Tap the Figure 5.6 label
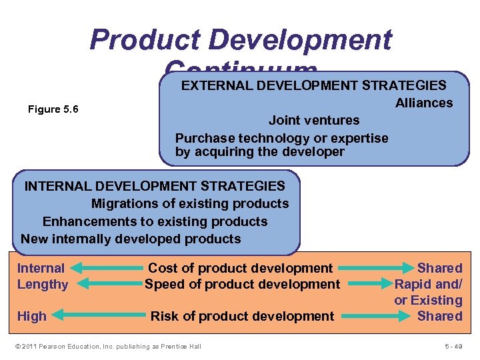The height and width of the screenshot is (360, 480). click(53, 109)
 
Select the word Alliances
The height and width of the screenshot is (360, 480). click(423, 103)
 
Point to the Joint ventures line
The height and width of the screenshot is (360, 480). click(313, 121)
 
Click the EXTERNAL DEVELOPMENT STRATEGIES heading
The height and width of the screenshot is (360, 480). click(314, 85)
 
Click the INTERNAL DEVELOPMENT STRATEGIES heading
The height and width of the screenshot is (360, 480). click(155, 186)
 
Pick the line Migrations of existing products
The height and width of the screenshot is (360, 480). click(190, 203)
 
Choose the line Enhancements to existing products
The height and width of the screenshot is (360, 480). click(155, 221)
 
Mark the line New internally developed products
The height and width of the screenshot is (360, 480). click(131, 239)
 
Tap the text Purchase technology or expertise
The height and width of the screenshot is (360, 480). click(281, 138)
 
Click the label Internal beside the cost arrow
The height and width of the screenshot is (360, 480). click(41, 268)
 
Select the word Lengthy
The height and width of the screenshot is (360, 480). click(43, 284)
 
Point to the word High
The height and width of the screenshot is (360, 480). click(32, 316)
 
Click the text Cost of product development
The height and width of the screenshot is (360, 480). click(240, 268)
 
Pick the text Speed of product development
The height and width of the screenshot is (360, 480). click(243, 284)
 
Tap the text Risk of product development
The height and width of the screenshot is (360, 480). click(243, 316)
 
